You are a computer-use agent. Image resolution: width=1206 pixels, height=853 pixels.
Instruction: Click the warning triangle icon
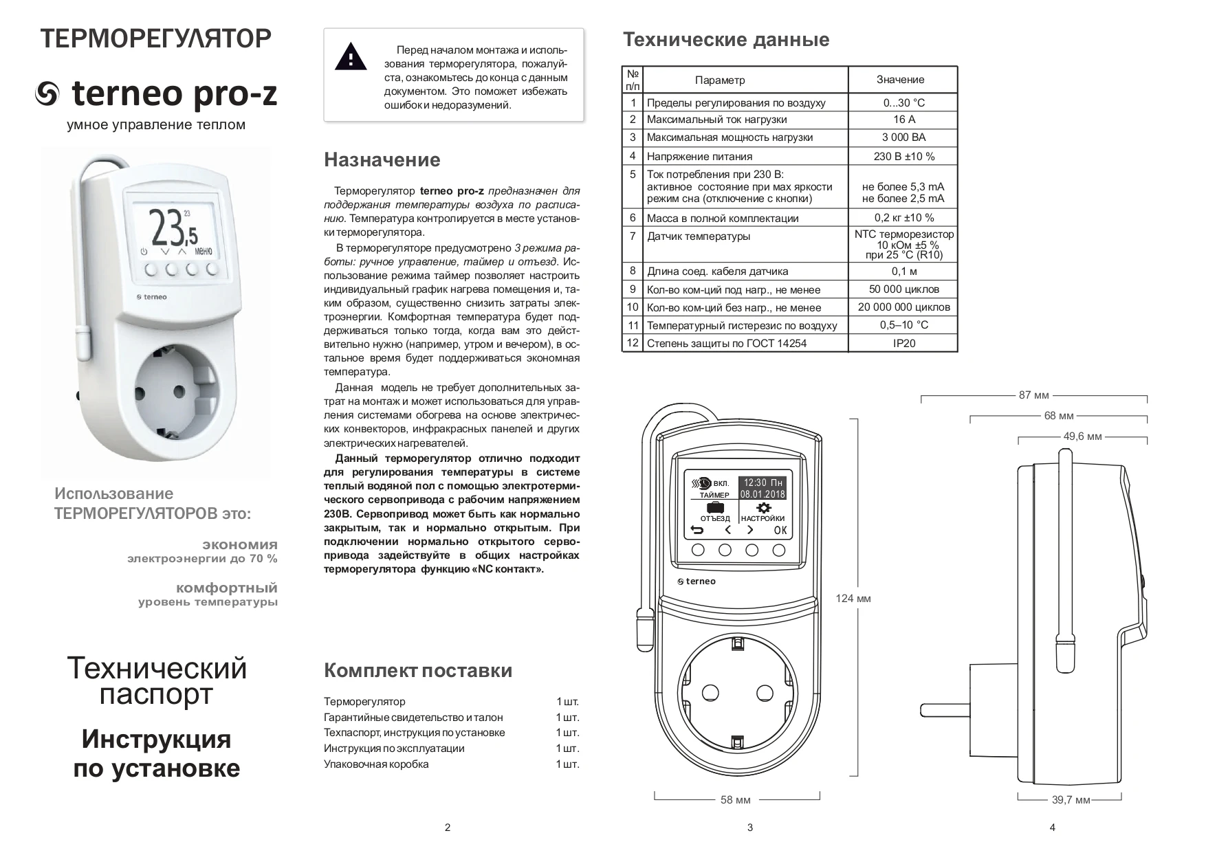click(x=351, y=56)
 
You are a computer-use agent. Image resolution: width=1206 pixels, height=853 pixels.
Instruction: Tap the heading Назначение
click(x=382, y=160)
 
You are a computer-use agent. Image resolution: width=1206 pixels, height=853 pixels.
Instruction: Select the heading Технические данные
click(x=725, y=40)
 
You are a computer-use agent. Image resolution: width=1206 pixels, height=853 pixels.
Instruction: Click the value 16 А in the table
click(x=903, y=120)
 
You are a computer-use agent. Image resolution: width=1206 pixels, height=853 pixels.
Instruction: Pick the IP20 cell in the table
click(x=903, y=343)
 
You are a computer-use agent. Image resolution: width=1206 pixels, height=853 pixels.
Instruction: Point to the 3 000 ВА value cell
click(x=903, y=137)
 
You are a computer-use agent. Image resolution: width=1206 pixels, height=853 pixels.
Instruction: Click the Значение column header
click(x=900, y=80)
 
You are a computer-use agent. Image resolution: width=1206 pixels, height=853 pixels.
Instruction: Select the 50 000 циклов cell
click(x=903, y=289)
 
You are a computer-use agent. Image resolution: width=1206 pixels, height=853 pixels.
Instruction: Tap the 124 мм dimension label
click(x=853, y=599)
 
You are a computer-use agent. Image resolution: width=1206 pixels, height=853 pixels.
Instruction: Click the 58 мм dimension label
click(x=735, y=800)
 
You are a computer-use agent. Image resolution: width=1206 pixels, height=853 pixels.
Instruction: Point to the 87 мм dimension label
click(x=1033, y=395)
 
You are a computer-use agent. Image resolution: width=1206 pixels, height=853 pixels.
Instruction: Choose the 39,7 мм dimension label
click(x=1071, y=800)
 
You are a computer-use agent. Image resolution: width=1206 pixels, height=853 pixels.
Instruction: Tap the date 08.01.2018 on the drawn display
click(x=763, y=494)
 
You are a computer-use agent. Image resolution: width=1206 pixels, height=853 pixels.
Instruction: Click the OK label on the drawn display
click(x=780, y=530)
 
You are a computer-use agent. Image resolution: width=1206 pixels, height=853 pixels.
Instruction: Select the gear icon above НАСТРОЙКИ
click(x=763, y=508)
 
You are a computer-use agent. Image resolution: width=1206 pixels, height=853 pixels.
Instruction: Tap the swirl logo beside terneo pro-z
click(x=49, y=95)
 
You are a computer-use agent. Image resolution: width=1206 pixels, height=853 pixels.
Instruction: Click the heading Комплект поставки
click(x=417, y=671)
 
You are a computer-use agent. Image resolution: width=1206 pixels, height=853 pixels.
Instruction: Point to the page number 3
click(x=749, y=828)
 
